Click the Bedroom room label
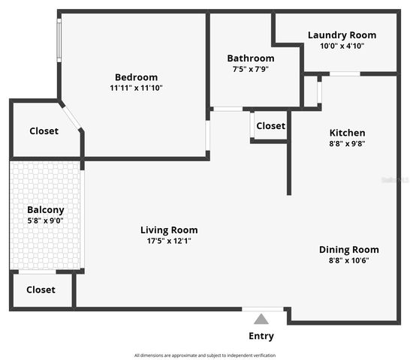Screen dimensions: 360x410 click(136, 77)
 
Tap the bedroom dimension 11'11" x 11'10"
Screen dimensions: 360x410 click(136, 88)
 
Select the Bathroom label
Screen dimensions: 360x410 click(251, 58)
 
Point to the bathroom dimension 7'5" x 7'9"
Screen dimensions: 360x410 click(251, 69)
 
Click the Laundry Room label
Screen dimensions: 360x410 click(342, 35)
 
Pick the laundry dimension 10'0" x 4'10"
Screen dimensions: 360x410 click(342, 46)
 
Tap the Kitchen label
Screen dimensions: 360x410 click(346, 133)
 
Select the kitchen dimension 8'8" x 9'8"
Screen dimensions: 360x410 click(346, 143)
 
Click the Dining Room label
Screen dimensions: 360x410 click(348, 250)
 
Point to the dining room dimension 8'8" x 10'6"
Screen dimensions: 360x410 click(348, 260)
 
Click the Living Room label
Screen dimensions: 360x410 click(169, 230)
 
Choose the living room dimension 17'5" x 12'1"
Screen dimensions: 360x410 click(169, 241)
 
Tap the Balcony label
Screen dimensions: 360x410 click(45, 210)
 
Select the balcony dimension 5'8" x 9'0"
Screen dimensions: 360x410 click(45, 220)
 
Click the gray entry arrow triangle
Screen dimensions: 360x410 click(261, 319)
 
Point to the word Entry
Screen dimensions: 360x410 click(261, 336)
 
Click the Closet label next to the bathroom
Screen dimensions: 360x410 click(270, 126)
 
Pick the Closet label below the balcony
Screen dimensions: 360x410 click(41, 289)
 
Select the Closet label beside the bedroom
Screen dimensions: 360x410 click(44, 131)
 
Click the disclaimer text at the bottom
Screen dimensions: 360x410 click(204, 355)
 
